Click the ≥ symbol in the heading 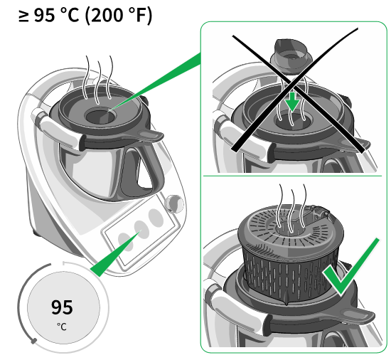23,16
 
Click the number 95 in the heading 44,16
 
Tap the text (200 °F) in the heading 118,16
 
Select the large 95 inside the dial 62,307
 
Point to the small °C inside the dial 62,327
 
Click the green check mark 351,266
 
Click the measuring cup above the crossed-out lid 291,56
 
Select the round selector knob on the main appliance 175,203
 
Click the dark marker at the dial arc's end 34,341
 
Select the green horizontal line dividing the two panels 292,176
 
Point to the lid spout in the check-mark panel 359,316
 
